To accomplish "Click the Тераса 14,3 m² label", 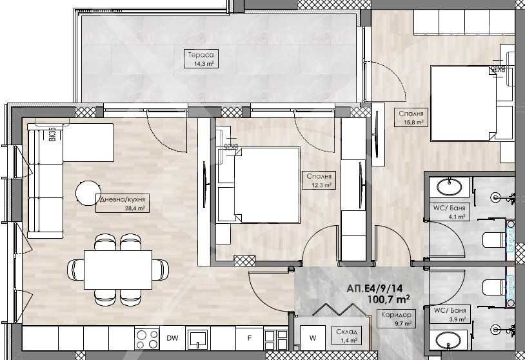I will click(x=201, y=59).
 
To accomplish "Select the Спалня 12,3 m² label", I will click(x=319, y=180).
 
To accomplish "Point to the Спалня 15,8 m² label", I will click(x=411, y=116).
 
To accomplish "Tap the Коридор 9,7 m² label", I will click(x=394, y=318).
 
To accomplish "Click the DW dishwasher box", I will click(x=172, y=337).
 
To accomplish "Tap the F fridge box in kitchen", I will click(x=248, y=337).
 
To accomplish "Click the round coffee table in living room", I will click(x=88, y=192).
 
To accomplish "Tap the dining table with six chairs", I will click(x=117, y=266).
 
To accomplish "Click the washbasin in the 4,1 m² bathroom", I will click(x=449, y=188).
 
